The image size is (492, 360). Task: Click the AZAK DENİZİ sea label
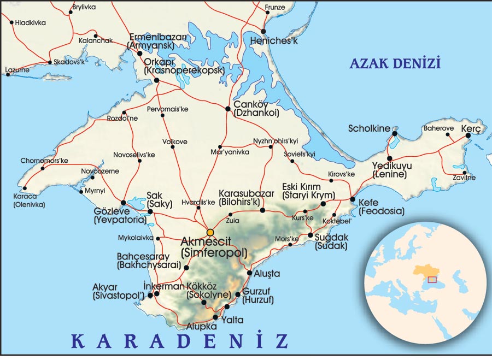(x=395, y=64)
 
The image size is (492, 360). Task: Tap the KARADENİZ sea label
(x=180, y=341)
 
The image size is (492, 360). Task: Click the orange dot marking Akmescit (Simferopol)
(x=210, y=232)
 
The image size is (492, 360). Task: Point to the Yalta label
(x=233, y=320)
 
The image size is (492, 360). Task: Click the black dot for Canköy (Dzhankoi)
(x=228, y=109)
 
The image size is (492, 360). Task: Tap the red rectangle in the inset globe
(x=432, y=280)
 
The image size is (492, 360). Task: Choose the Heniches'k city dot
(x=263, y=31)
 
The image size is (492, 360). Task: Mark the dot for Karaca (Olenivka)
(x=25, y=188)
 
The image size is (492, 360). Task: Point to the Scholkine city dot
(x=394, y=133)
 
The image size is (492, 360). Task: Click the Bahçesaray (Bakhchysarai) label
(x=148, y=260)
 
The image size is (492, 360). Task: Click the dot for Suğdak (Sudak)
(x=311, y=235)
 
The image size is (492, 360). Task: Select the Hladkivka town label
(x=31, y=23)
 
